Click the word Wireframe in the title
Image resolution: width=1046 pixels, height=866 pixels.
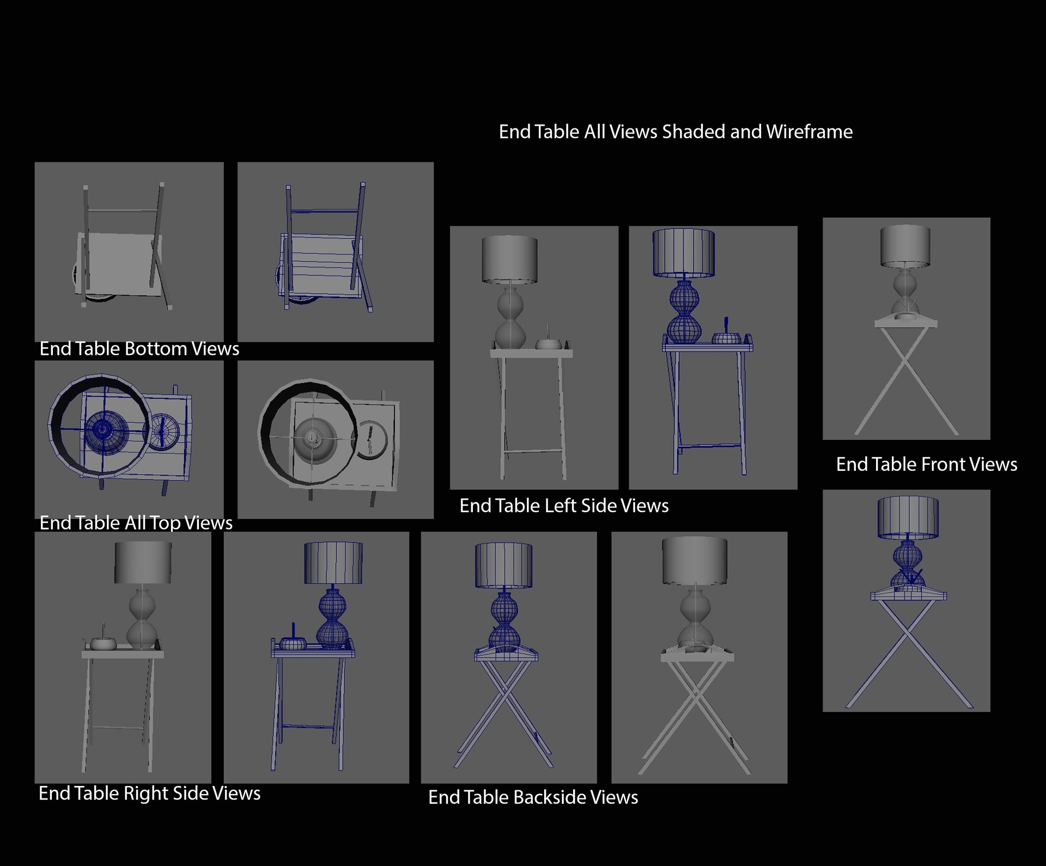[x=809, y=132]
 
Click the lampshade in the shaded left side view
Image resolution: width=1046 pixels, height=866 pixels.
[x=509, y=260]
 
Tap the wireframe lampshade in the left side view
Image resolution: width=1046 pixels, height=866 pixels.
[x=684, y=253]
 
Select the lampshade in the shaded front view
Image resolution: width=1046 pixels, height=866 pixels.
[x=905, y=247]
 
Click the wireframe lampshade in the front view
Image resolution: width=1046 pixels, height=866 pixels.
[x=908, y=518]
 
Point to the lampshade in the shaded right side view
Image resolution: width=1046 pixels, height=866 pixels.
[x=143, y=563]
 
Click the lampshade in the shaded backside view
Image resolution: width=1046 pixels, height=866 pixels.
[x=695, y=561]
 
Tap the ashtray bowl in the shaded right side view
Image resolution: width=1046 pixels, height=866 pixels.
[x=103, y=643]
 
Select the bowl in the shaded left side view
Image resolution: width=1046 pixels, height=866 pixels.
[x=548, y=344]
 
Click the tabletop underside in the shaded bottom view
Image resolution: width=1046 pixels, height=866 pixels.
[x=121, y=264]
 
